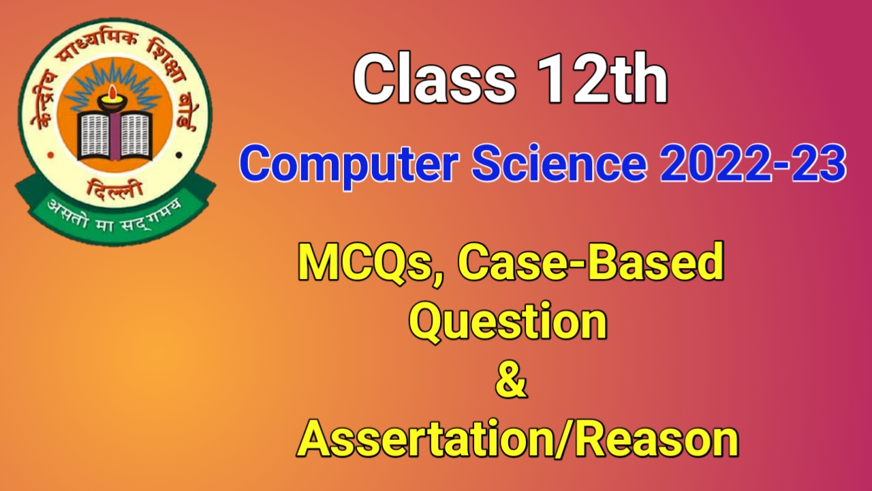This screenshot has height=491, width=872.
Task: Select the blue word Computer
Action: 349,164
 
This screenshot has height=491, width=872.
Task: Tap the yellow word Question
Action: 508,323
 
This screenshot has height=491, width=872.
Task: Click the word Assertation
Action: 425,438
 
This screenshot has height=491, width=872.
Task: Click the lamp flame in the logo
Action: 113,92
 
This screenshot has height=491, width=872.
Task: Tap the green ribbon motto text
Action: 114,216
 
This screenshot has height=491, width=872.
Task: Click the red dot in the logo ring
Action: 50,155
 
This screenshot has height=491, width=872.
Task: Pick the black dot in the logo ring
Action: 178,155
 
